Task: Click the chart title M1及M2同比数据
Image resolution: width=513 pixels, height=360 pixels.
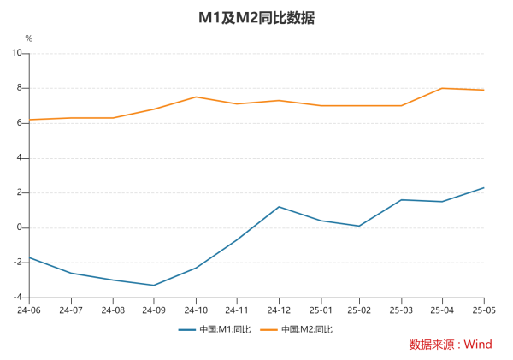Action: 256,17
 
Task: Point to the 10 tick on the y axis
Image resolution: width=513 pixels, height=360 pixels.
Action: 16,53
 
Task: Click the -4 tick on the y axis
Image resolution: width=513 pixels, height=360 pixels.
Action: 16,298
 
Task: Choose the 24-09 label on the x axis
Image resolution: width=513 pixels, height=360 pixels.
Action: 154,310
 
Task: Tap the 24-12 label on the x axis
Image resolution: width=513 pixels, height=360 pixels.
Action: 278,310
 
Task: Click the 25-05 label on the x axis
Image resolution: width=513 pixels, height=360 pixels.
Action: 484,310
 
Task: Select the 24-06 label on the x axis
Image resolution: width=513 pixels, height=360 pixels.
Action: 30,310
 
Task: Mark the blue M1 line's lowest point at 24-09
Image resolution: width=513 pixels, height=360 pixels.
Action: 154,285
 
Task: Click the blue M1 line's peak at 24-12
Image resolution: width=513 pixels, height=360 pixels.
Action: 278,207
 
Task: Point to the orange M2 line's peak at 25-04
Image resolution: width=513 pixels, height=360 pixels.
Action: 443,88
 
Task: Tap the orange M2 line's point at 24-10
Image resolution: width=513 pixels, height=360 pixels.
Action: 195,97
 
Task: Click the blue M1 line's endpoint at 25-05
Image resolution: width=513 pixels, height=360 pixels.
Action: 484,187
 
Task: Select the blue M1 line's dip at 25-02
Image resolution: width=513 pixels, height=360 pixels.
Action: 360,226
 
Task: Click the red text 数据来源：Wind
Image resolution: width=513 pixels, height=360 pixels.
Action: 451,345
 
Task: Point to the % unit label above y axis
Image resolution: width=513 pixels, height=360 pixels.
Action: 28,38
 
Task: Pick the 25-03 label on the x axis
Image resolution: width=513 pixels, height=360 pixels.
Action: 401,310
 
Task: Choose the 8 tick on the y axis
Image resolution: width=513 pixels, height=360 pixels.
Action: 19,88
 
